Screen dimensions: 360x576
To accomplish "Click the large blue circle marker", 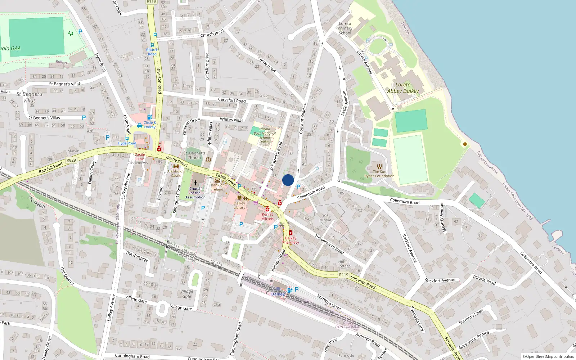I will [x=288, y=180].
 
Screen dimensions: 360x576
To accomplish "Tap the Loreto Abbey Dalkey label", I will [x=403, y=88].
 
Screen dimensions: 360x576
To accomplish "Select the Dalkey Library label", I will [x=239, y=205].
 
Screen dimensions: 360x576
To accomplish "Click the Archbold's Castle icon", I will [x=176, y=166].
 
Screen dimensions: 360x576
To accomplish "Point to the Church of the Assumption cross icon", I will [x=195, y=183].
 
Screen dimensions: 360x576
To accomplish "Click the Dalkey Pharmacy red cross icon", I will [x=290, y=233].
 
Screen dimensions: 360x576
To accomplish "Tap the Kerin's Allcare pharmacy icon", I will [x=267, y=209].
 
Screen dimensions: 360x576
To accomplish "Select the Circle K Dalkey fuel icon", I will [x=149, y=117].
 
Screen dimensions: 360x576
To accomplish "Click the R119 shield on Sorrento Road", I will [x=344, y=275].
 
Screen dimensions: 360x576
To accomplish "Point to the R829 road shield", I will [x=71, y=160].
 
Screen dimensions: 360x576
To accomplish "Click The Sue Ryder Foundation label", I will [x=379, y=174].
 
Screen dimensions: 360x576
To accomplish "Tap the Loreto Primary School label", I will [x=345, y=28].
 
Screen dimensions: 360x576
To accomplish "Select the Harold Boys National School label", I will [x=265, y=135].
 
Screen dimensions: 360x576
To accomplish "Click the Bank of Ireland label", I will [x=217, y=187].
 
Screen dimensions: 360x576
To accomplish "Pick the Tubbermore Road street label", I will [x=329, y=244].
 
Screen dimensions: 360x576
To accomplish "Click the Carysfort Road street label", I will [x=232, y=100].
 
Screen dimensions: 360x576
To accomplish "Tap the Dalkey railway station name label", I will [x=278, y=294].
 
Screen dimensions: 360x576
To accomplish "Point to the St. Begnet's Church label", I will [x=194, y=156].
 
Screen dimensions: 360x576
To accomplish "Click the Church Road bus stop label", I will [x=152, y=52].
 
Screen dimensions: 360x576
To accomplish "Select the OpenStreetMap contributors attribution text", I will [x=548, y=357].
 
